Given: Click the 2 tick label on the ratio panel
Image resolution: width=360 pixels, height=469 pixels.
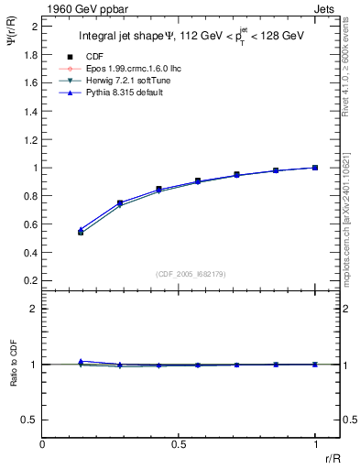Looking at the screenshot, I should [34, 309].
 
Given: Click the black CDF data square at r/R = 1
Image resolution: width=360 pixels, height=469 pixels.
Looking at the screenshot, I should [315, 168].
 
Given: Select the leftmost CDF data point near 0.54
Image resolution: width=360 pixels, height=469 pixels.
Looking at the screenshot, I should [81, 233].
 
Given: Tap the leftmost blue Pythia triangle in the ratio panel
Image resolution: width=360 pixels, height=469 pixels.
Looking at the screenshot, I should [81, 361].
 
